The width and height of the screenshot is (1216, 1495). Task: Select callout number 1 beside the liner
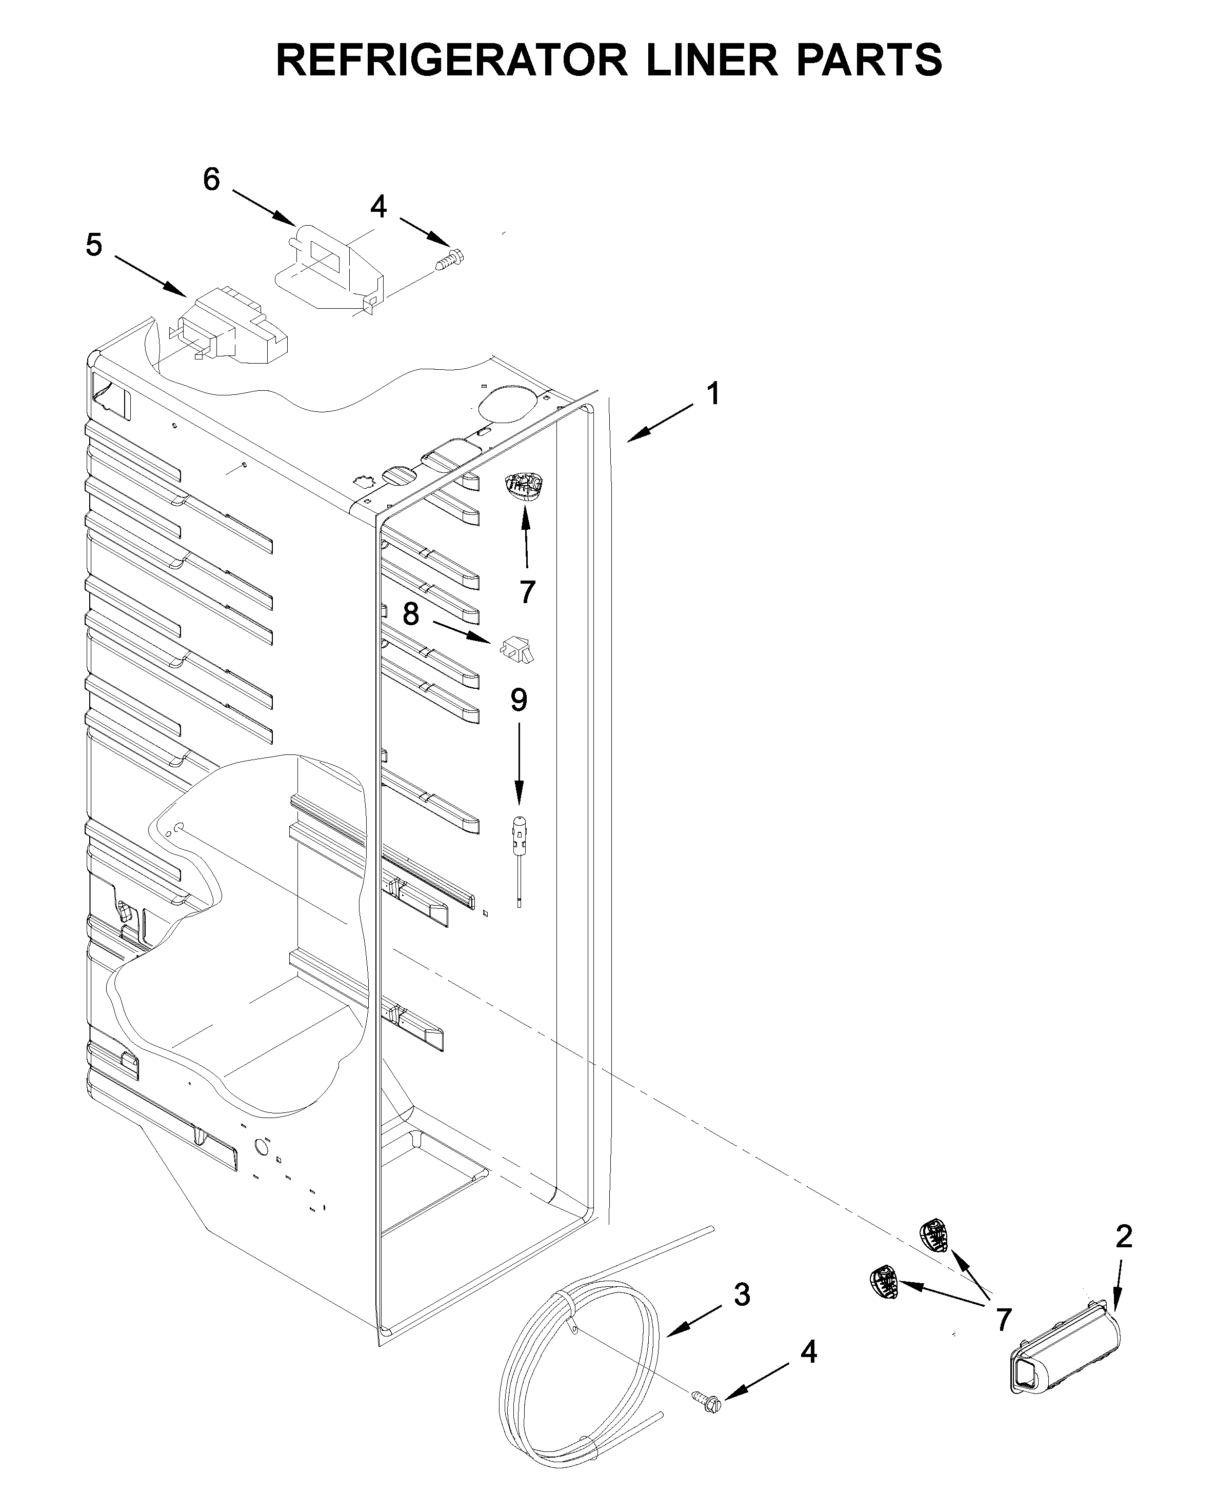[713, 394]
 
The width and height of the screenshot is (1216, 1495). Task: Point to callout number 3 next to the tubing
[742, 1294]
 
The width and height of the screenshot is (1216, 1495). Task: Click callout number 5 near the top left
[94, 245]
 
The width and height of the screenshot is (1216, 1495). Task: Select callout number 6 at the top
[211, 180]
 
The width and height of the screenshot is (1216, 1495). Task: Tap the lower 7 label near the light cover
[1004, 1320]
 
